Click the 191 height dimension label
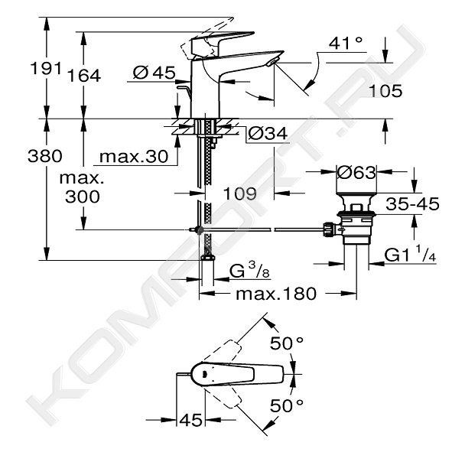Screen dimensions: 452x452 [46, 69]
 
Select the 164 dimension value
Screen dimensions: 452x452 [84, 76]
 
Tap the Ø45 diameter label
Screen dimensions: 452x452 [154, 73]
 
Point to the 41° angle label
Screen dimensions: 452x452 [346, 44]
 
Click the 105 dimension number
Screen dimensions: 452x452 [385, 91]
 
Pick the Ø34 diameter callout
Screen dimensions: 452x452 [268, 133]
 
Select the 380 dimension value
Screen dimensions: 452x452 [45, 156]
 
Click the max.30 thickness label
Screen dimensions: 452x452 [134, 157]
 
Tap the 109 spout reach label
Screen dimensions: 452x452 [240, 193]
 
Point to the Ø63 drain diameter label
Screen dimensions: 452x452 [356, 172]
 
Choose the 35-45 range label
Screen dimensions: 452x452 [412, 203]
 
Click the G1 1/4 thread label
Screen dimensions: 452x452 [410, 254]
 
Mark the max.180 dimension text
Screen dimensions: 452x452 [276, 294]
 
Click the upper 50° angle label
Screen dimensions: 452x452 [287, 343]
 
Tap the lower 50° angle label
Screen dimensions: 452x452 [287, 406]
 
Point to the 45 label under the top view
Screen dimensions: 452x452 [190, 420]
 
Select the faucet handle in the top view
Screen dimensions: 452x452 [237, 374]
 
